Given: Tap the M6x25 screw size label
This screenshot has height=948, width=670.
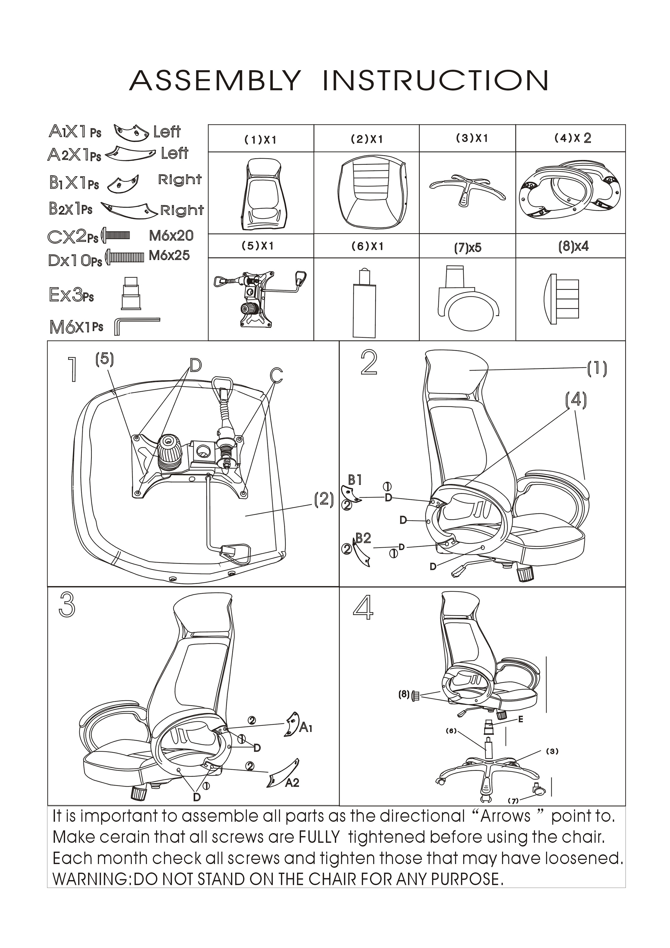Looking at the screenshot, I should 169,255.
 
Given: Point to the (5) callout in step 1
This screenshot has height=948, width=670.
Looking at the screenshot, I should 105,359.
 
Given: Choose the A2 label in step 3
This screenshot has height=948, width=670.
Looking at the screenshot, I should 292,782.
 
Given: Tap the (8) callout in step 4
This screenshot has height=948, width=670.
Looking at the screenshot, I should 403,695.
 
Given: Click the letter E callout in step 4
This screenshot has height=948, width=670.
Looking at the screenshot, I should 521,719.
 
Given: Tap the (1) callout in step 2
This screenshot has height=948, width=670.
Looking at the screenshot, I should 597,368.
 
